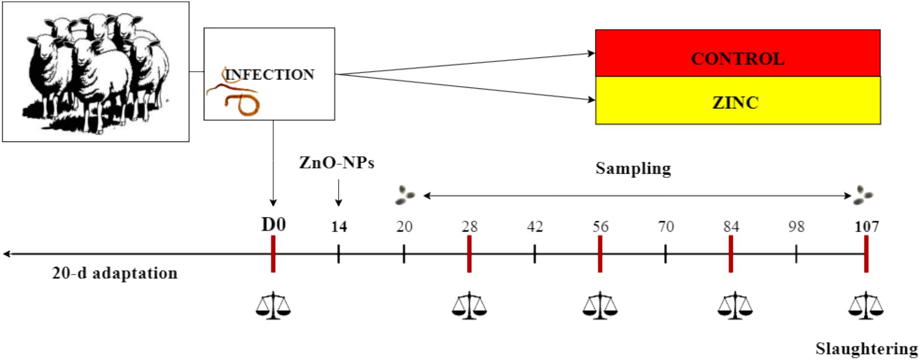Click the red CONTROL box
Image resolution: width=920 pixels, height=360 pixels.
point(737,53)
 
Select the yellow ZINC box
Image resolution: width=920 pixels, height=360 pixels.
point(737,101)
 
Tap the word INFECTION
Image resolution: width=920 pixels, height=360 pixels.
point(270,75)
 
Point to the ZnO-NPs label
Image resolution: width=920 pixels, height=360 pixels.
point(337,163)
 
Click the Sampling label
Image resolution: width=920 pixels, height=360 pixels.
point(633,168)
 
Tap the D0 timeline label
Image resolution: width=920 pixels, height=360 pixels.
point(273,225)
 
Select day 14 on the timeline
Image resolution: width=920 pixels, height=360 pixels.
point(338,227)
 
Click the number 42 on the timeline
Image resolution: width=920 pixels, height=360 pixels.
point(535,227)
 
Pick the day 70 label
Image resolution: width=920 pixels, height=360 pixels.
point(665,227)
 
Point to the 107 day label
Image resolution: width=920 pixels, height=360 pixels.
point(866,227)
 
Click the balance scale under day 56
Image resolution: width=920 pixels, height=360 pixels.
point(600,306)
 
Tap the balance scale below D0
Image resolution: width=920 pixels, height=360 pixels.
point(273,306)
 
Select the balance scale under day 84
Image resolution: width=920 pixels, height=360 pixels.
point(734,306)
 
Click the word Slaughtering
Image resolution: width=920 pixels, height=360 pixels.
point(866,348)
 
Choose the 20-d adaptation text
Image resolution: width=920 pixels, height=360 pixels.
point(115,273)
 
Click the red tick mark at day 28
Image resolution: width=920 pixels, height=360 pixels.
point(469,254)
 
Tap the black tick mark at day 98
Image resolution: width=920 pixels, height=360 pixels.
point(796,254)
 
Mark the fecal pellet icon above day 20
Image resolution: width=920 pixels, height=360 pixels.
point(405,195)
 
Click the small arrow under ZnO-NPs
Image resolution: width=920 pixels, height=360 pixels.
point(338,193)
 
